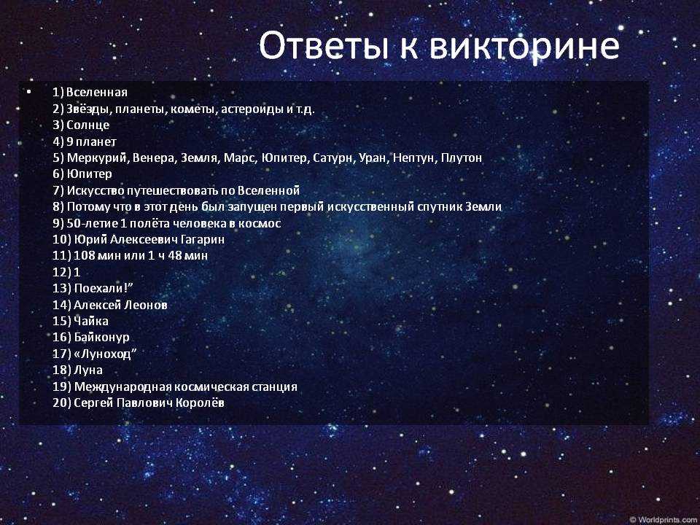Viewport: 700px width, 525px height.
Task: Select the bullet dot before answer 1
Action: point(29,92)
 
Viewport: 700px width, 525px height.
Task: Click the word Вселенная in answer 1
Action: point(96,93)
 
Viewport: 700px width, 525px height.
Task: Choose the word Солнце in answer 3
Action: point(88,125)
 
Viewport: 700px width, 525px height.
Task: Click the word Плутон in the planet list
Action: point(461,157)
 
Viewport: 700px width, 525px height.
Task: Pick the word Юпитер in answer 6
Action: point(89,174)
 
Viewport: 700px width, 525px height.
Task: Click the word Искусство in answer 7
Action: point(96,190)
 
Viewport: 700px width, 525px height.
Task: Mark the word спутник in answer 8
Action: point(440,206)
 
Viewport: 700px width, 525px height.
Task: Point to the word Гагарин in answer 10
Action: point(203,239)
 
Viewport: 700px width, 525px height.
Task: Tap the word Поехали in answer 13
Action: point(98,289)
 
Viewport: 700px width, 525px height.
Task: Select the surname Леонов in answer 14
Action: point(146,305)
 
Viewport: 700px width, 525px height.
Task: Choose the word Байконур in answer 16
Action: point(101,338)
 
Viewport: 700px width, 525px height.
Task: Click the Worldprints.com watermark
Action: point(664,520)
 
